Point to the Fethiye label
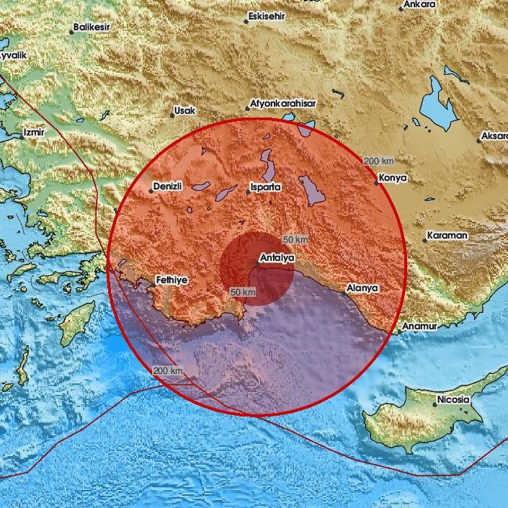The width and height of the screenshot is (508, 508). pyautogui.click(x=174, y=279)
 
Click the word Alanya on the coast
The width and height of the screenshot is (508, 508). pyautogui.click(x=362, y=288)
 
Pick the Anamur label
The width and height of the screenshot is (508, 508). pyautogui.click(x=420, y=326)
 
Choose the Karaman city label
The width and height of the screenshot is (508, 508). pyautogui.click(x=447, y=236)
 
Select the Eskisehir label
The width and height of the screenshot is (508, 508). pyautogui.click(x=267, y=16)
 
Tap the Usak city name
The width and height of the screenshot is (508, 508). pyautogui.click(x=184, y=112)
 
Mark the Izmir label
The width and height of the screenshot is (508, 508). pyautogui.click(x=34, y=133)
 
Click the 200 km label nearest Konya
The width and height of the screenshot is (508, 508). pyautogui.click(x=378, y=161)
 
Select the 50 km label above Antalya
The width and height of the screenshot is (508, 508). pyautogui.click(x=295, y=239)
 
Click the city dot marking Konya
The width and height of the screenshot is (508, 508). pyautogui.click(x=376, y=183)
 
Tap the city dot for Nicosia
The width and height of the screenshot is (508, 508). pyautogui.click(x=434, y=404)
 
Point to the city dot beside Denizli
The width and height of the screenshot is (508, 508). pyautogui.click(x=151, y=191)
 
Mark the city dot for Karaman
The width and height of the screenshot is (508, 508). pyautogui.click(x=425, y=241)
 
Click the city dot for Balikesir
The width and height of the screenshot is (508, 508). pyautogui.click(x=73, y=32)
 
